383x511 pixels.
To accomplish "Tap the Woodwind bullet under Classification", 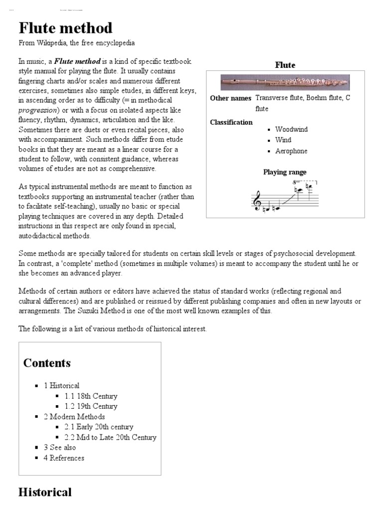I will click(x=291, y=129).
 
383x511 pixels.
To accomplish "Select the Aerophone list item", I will click(x=291, y=151).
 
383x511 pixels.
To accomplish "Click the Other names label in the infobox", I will click(x=230, y=98).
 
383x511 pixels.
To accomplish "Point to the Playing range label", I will click(x=285, y=172).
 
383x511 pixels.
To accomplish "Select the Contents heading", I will click(x=47, y=363).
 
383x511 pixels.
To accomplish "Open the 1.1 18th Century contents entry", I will click(x=91, y=396).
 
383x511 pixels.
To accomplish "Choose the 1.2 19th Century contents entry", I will click(x=91, y=406).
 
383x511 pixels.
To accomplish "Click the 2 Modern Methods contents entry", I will click(x=74, y=417).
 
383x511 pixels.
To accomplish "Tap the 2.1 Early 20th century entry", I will click(x=99, y=427).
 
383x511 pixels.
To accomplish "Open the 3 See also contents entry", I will click(x=60, y=448).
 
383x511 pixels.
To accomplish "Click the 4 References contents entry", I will click(x=64, y=458).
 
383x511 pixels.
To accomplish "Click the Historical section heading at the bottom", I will click(x=45, y=493).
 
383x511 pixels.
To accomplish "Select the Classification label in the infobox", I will click(x=231, y=122).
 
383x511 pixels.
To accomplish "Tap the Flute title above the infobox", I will click(x=285, y=65).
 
